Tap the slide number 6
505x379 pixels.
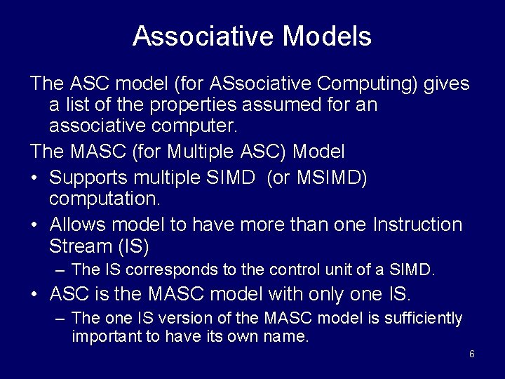click(471, 354)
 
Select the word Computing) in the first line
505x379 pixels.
click(369, 84)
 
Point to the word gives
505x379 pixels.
click(447, 84)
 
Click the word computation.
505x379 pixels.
click(105, 199)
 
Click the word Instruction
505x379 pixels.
click(418, 225)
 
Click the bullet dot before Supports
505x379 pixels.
click(34, 179)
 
